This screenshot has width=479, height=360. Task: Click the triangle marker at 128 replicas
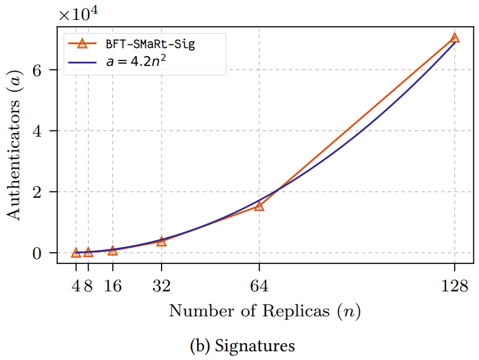pyautogui.click(x=455, y=38)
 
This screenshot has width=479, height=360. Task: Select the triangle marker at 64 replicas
pyautogui.click(x=259, y=206)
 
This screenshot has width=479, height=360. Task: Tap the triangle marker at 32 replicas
pyautogui.click(x=162, y=241)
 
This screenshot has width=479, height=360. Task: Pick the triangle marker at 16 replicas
pyautogui.click(x=113, y=250)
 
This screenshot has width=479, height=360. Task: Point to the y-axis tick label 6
pyautogui.click(x=46, y=70)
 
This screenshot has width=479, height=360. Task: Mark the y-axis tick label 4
pyautogui.click(x=46, y=131)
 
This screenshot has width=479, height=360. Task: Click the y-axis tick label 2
pyautogui.click(x=46, y=192)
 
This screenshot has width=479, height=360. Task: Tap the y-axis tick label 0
pyautogui.click(x=46, y=253)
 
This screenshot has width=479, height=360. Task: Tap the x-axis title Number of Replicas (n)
pyautogui.click(x=265, y=310)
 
